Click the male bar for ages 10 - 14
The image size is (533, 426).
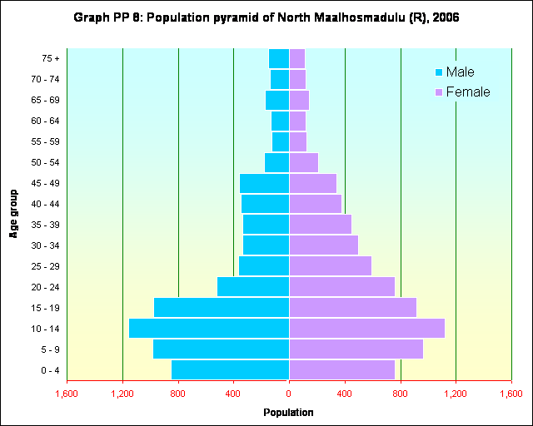pyautogui.click(x=208, y=329)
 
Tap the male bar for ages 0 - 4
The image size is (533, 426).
pyautogui.click(x=230, y=369)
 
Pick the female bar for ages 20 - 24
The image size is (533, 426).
pyautogui.click(x=341, y=287)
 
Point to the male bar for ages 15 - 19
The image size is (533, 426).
pyautogui.click(x=221, y=308)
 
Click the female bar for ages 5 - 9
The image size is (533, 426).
pyautogui.click(x=356, y=349)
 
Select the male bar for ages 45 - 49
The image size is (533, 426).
pyautogui.click(x=264, y=183)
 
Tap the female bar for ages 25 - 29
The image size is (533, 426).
pyautogui.click(x=330, y=266)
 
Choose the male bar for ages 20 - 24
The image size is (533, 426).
pyautogui.click(x=252, y=287)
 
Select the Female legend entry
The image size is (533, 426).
pyautogui.click(x=467, y=92)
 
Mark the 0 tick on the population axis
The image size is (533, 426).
pyautogui.click(x=289, y=393)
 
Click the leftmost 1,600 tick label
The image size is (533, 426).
pyautogui.click(x=67, y=393)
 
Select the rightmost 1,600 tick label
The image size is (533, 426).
pyautogui.click(x=511, y=393)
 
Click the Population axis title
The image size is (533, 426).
pyautogui.click(x=288, y=413)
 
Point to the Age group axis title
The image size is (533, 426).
pyautogui.click(x=14, y=214)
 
